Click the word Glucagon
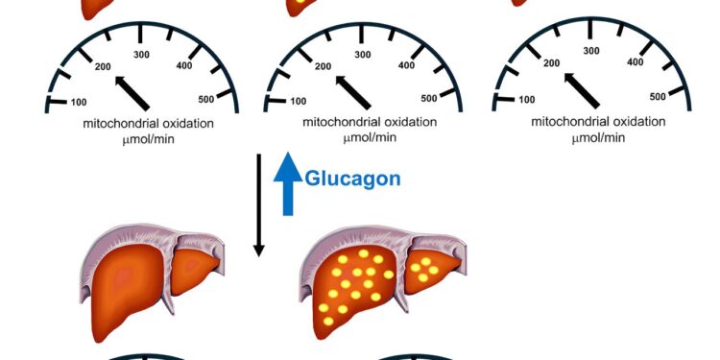(x=352, y=178)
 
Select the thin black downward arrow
(x=258, y=202)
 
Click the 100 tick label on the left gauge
(x=81, y=101)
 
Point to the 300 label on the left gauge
(x=143, y=55)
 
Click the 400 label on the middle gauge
(x=406, y=65)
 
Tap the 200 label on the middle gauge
(x=323, y=66)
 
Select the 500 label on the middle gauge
(x=428, y=97)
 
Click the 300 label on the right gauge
(x=591, y=51)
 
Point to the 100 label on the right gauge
(x=527, y=100)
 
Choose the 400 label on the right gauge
(x=635, y=62)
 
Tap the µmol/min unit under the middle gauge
(x=370, y=138)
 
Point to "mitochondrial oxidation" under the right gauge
(x=599, y=124)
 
